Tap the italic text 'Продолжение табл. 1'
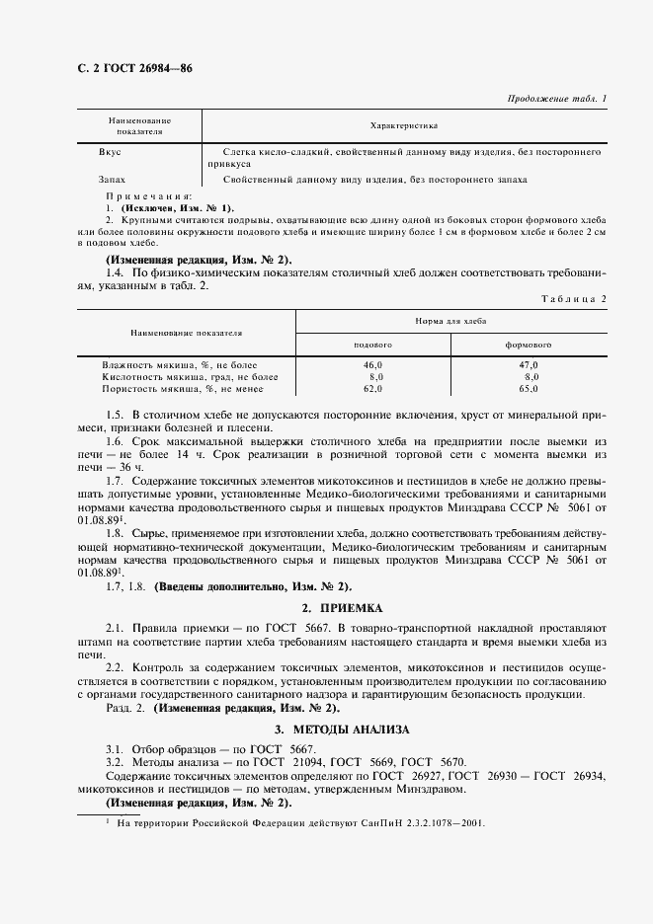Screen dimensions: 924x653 click(557, 98)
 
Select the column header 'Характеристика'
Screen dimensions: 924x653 click(403, 126)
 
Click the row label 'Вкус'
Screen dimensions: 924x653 click(110, 153)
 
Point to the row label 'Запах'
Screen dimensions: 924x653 click(112, 180)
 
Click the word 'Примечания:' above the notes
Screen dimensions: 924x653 click(148, 197)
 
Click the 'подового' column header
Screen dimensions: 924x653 click(373, 346)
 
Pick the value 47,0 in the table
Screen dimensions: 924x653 click(531, 366)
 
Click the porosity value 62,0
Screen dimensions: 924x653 click(373, 389)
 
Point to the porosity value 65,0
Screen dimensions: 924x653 click(531, 389)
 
